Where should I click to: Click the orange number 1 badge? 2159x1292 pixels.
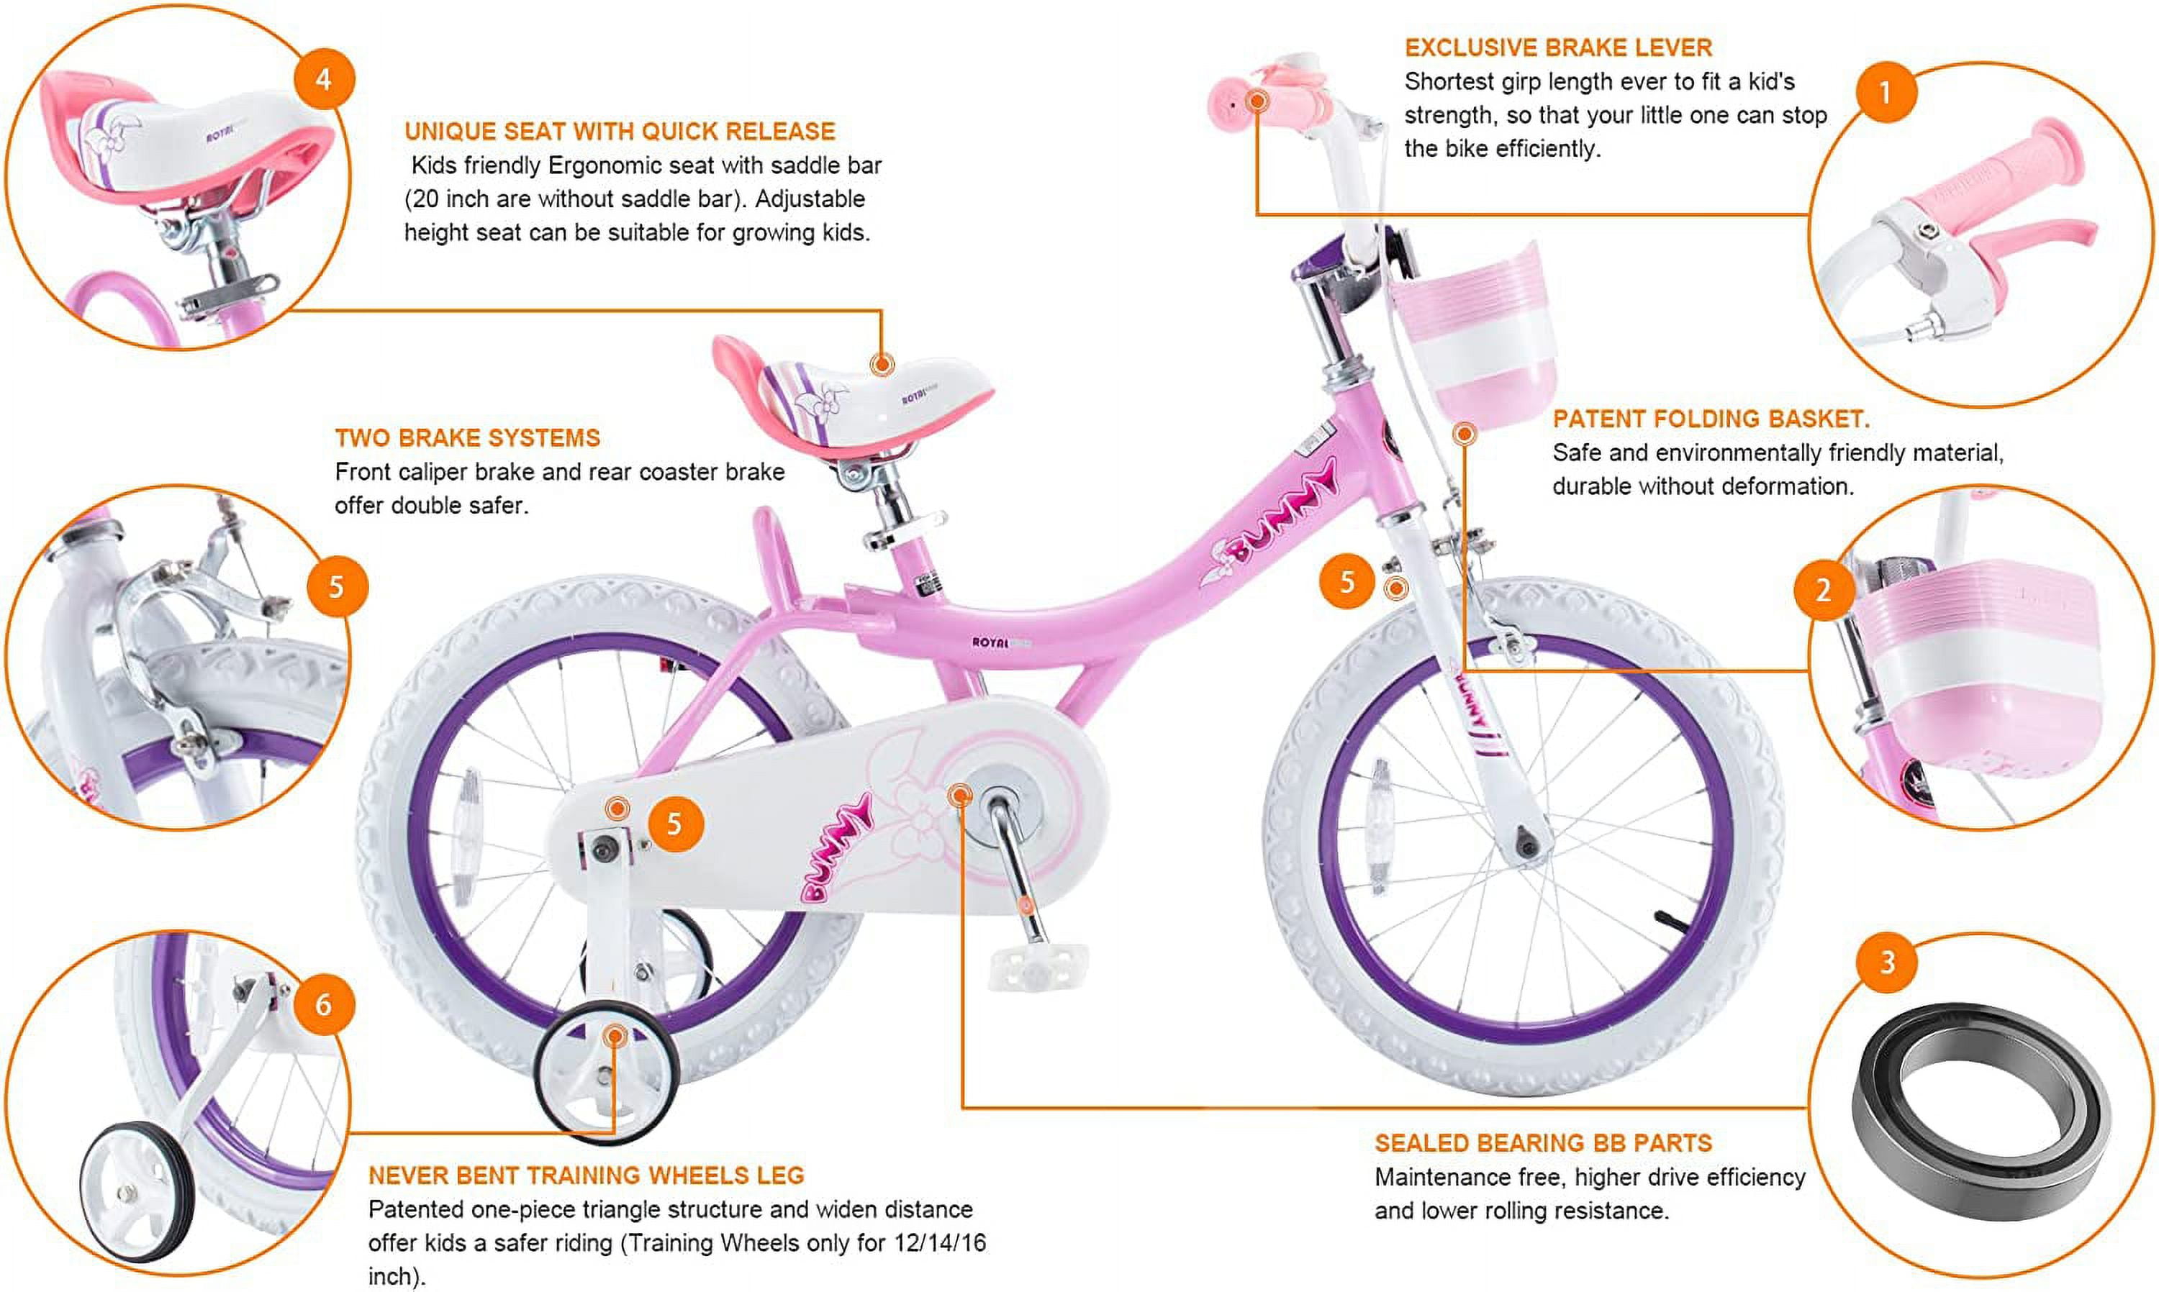coord(1886,92)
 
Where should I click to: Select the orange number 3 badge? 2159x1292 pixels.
coord(1887,962)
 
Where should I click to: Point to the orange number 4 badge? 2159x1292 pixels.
coord(324,79)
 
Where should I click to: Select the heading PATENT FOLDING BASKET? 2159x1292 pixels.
coord(1711,419)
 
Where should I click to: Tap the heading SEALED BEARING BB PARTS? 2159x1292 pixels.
coord(1543,1143)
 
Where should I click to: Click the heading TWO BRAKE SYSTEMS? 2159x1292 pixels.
coord(468,438)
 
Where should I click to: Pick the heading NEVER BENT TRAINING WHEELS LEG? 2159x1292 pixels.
coord(586,1175)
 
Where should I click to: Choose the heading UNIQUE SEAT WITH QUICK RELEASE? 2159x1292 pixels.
coord(619,132)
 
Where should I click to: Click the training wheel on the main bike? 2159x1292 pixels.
coord(606,1073)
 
